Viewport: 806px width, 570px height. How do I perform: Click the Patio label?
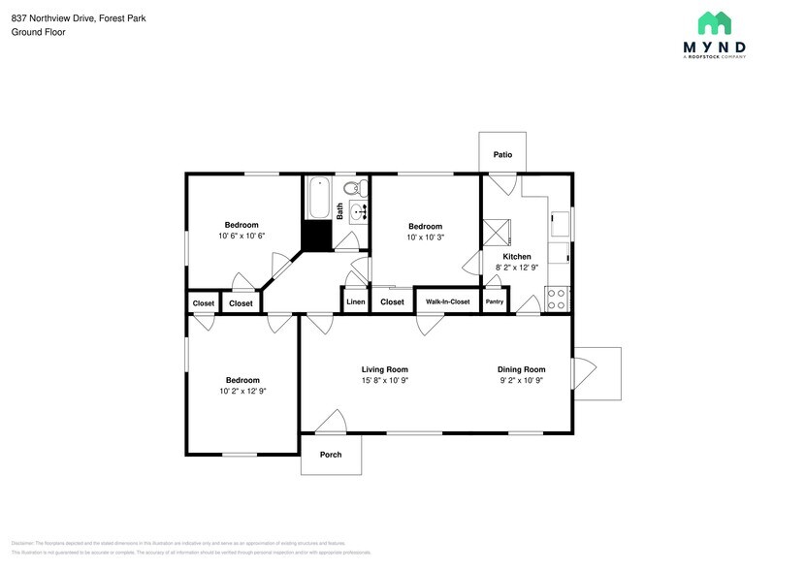coord(502,154)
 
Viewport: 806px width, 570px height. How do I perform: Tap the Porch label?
coord(331,455)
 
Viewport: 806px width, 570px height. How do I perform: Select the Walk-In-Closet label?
coord(447,302)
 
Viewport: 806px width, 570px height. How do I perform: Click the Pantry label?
coord(495,302)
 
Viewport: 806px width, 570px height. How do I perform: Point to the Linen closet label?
coord(355,302)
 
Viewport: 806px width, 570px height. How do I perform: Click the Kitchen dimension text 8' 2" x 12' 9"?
coord(517,268)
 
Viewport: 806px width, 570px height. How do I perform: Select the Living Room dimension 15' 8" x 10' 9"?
coord(384,381)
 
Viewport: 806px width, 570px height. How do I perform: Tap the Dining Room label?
coord(521,369)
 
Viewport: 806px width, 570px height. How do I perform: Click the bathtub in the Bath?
coord(319,198)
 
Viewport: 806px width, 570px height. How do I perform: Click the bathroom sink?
coord(359,210)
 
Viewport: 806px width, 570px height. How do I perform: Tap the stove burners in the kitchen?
coord(558,300)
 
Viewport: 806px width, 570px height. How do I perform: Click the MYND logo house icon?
coord(715,24)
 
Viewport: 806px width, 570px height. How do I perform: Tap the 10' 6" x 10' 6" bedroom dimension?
coord(242,237)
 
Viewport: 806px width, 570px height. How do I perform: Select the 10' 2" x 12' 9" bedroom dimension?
coord(242,392)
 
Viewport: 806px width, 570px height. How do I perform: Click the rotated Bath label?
coord(339,210)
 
